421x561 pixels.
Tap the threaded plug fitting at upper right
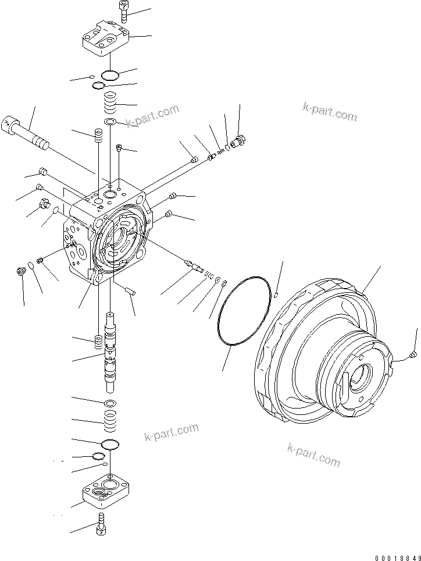point(238,141)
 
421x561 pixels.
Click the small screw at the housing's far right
point(413,352)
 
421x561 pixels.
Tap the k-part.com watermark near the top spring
point(152,115)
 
